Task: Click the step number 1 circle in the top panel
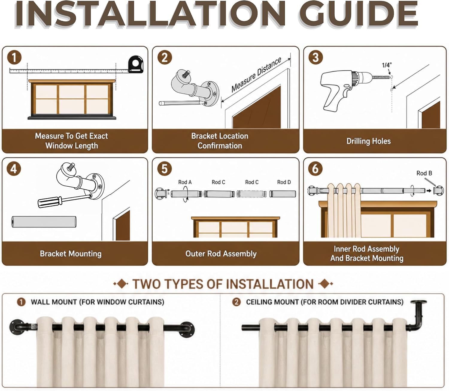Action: (x=14, y=58)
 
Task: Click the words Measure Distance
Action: (x=256, y=75)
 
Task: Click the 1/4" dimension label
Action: (x=387, y=65)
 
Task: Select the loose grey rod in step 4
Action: (x=44, y=222)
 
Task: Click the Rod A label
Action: (x=185, y=182)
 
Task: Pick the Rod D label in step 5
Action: (x=284, y=182)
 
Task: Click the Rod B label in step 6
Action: (x=424, y=173)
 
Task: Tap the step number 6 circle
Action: (x=315, y=169)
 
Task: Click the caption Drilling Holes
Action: (x=368, y=141)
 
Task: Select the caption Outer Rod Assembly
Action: (x=221, y=253)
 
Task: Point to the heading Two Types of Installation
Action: (x=223, y=284)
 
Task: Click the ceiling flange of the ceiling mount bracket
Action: (x=419, y=302)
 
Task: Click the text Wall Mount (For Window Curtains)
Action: (x=98, y=302)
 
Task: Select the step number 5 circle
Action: (x=165, y=169)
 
